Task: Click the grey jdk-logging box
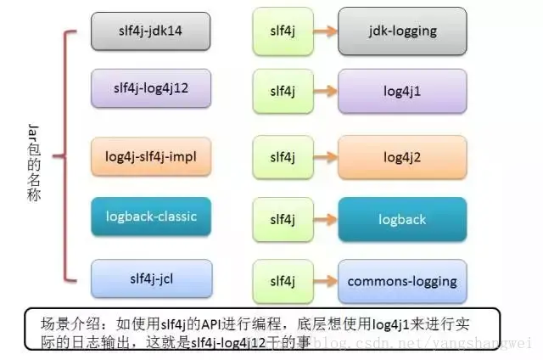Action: click(401, 31)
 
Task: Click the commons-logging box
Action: click(401, 281)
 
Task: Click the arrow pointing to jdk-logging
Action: click(322, 31)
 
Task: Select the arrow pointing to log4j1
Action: click(322, 87)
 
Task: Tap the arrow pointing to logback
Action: click(322, 218)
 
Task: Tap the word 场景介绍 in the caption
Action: click(66, 323)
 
